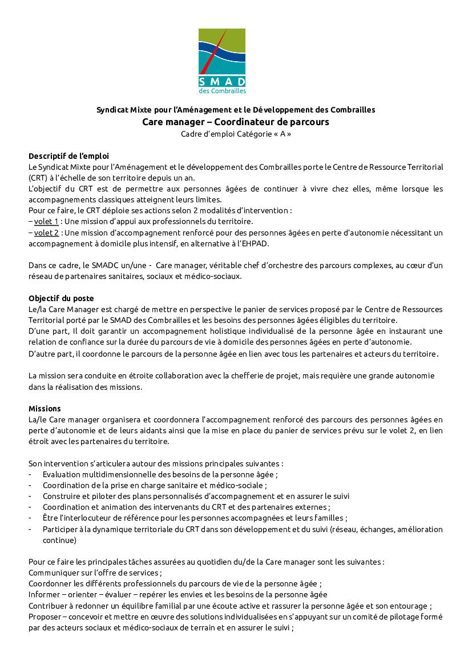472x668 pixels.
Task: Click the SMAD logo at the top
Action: [222, 61]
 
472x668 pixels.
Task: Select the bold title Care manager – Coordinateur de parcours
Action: [236, 122]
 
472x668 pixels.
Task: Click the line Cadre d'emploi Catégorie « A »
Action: [236, 134]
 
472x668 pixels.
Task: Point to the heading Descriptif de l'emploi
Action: [68, 155]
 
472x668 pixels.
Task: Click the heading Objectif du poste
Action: [61, 298]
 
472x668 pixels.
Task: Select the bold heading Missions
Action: [45, 409]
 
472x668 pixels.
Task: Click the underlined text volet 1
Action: [46, 221]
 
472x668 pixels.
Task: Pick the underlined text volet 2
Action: [46, 233]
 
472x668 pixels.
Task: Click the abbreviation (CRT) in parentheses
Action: [38, 177]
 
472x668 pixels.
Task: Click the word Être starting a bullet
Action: [50, 518]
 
